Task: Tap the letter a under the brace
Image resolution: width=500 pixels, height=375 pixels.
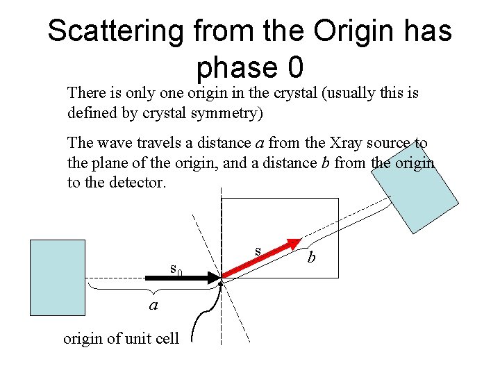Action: point(154,306)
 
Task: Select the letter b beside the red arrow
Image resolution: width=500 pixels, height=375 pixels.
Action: point(312,257)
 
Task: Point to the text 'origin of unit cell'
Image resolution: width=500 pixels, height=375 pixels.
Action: point(121,339)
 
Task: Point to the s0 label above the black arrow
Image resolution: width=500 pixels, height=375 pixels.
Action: point(176,268)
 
